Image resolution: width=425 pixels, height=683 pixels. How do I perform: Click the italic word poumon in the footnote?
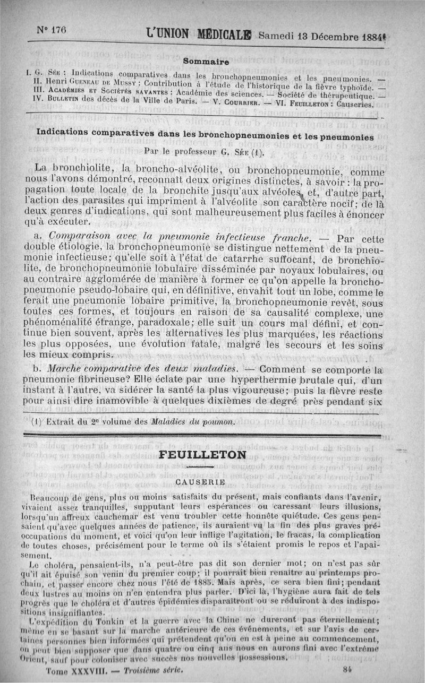pyautogui.click(x=217, y=422)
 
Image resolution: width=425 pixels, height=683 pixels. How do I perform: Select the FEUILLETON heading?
pyautogui.click(x=203, y=455)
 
